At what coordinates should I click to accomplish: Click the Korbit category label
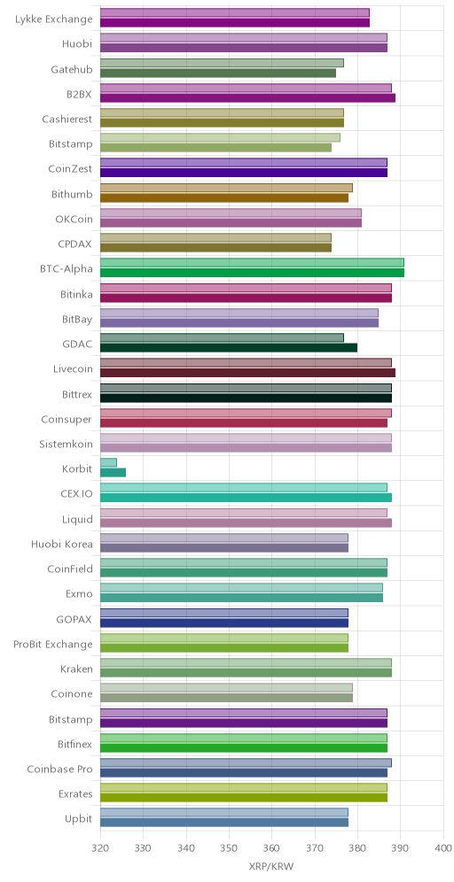pos(78,468)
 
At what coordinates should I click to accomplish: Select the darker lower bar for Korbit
pos(113,473)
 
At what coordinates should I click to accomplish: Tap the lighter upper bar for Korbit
pos(109,463)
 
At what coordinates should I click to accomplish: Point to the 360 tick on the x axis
pos(271,847)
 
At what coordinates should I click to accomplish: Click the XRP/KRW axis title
pos(271,867)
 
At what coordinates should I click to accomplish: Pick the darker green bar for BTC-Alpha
pos(253,273)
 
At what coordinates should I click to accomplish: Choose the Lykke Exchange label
pos(54,19)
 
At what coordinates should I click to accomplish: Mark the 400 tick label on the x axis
pos(443,847)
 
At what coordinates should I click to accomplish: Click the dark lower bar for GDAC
pos(229,348)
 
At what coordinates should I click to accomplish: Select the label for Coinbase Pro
pos(60,769)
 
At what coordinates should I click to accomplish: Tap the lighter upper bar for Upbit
pos(224,812)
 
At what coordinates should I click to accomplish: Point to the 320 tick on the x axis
pos(100,847)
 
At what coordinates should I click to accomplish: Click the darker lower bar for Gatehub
pos(218,73)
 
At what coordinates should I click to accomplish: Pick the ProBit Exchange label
pos(53,644)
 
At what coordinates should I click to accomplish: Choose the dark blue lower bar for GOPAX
pos(224,623)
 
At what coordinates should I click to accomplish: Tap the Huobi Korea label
pos(62,544)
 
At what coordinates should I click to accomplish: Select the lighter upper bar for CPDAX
pos(215,237)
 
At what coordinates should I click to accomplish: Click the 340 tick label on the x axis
pos(186,847)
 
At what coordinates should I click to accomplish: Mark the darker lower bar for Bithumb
pos(224,198)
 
